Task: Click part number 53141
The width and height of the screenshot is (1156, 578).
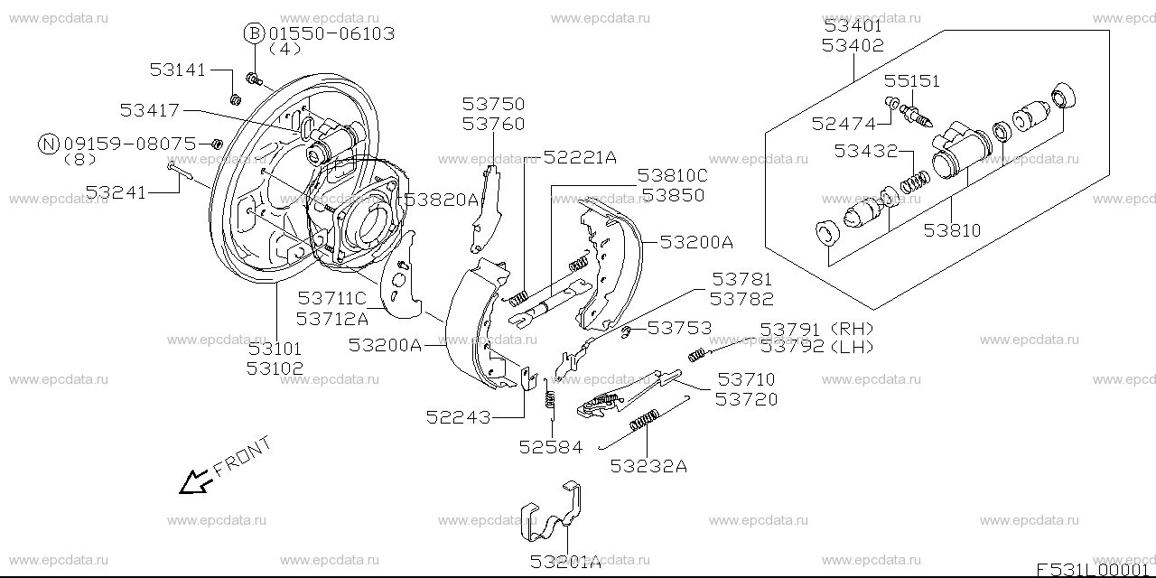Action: pos(178,69)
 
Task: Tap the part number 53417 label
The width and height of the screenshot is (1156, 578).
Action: pos(149,110)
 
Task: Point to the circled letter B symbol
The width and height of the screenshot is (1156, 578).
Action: pos(254,34)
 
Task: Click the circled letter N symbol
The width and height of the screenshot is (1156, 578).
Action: pos(49,143)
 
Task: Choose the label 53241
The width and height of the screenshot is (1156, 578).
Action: pos(115,191)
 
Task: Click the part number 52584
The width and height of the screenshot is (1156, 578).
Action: pos(550,445)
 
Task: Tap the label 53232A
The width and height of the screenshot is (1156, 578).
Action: pos(648,466)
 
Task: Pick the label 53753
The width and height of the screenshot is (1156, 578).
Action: pos(679,328)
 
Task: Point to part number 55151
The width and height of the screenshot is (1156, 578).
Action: pos(911,81)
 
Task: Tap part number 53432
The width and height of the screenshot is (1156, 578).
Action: pos(864,151)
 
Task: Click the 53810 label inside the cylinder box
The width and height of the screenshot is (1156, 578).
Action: pos(952,230)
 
